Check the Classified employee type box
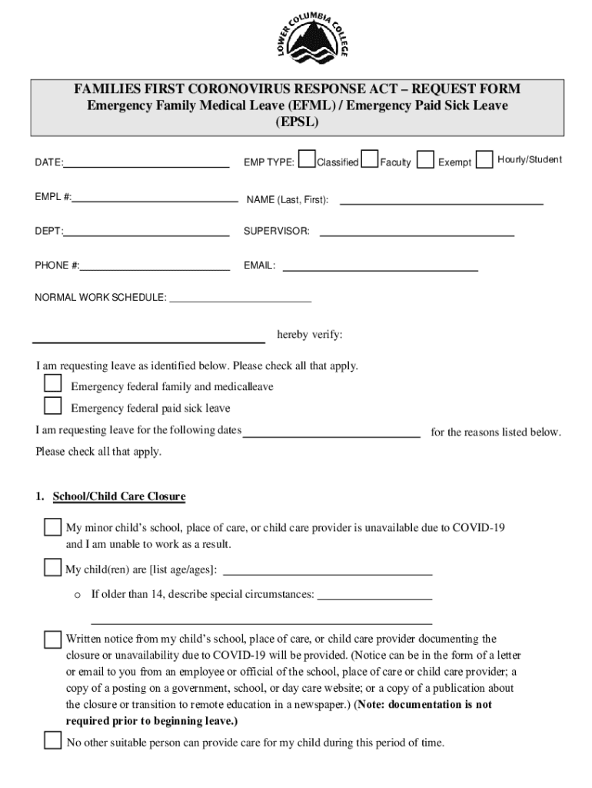(x=307, y=159)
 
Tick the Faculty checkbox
(x=370, y=159)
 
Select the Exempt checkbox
(x=425, y=159)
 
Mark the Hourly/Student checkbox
(x=484, y=159)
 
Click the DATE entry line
(x=146, y=165)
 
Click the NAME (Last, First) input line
(x=441, y=202)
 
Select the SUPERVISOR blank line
(x=417, y=233)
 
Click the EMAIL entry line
(x=381, y=269)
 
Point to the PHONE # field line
(x=155, y=269)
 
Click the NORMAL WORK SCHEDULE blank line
(x=240, y=301)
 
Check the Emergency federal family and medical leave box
(x=52, y=383)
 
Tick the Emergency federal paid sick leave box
(x=52, y=406)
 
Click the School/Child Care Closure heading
(x=118, y=496)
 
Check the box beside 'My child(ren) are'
(x=52, y=568)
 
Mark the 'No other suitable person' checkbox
(x=52, y=740)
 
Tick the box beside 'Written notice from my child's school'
(x=52, y=639)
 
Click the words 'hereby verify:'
(x=310, y=335)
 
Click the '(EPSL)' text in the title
(x=297, y=122)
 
